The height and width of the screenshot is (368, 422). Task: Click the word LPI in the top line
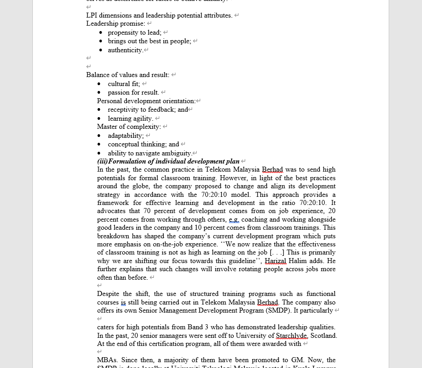pos(92,15)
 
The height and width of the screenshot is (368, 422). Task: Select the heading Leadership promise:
pos(116,23)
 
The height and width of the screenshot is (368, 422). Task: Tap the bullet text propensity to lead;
pos(135,32)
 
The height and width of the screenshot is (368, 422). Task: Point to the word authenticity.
pos(125,50)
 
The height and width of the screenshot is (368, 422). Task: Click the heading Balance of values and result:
pos(128,75)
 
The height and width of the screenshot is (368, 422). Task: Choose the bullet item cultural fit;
pos(124,84)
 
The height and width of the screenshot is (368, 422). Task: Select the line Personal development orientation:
pos(146,101)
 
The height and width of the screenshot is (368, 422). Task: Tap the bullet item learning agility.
pos(130,118)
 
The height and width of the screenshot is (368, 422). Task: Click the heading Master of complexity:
pos(129,127)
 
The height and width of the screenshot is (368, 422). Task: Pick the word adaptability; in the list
pos(126,136)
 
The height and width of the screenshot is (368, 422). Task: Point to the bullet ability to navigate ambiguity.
pos(150,153)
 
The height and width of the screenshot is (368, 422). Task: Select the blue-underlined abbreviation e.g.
pos(233,219)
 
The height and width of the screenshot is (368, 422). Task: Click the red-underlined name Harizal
pos(275,261)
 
